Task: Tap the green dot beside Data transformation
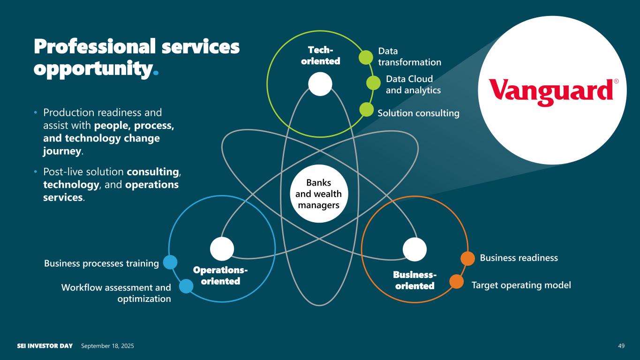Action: (366, 58)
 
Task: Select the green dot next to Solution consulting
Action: (366, 109)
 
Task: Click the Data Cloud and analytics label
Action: (413, 84)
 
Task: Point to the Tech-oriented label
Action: (320, 56)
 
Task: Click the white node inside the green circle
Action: (320, 84)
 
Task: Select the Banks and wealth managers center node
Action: (319, 194)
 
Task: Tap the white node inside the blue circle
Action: (222, 249)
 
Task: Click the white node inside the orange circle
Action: (414, 249)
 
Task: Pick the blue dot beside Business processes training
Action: (170, 262)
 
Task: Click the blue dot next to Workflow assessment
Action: (186, 286)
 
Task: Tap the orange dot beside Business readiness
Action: (468, 259)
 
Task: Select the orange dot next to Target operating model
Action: (457, 281)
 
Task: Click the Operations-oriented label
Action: (220, 276)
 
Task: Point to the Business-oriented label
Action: (415, 280)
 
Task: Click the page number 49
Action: (621, 346)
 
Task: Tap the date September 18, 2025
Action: (107, 346)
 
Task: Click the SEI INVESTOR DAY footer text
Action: (45, 346)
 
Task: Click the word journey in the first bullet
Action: (62, 151)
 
